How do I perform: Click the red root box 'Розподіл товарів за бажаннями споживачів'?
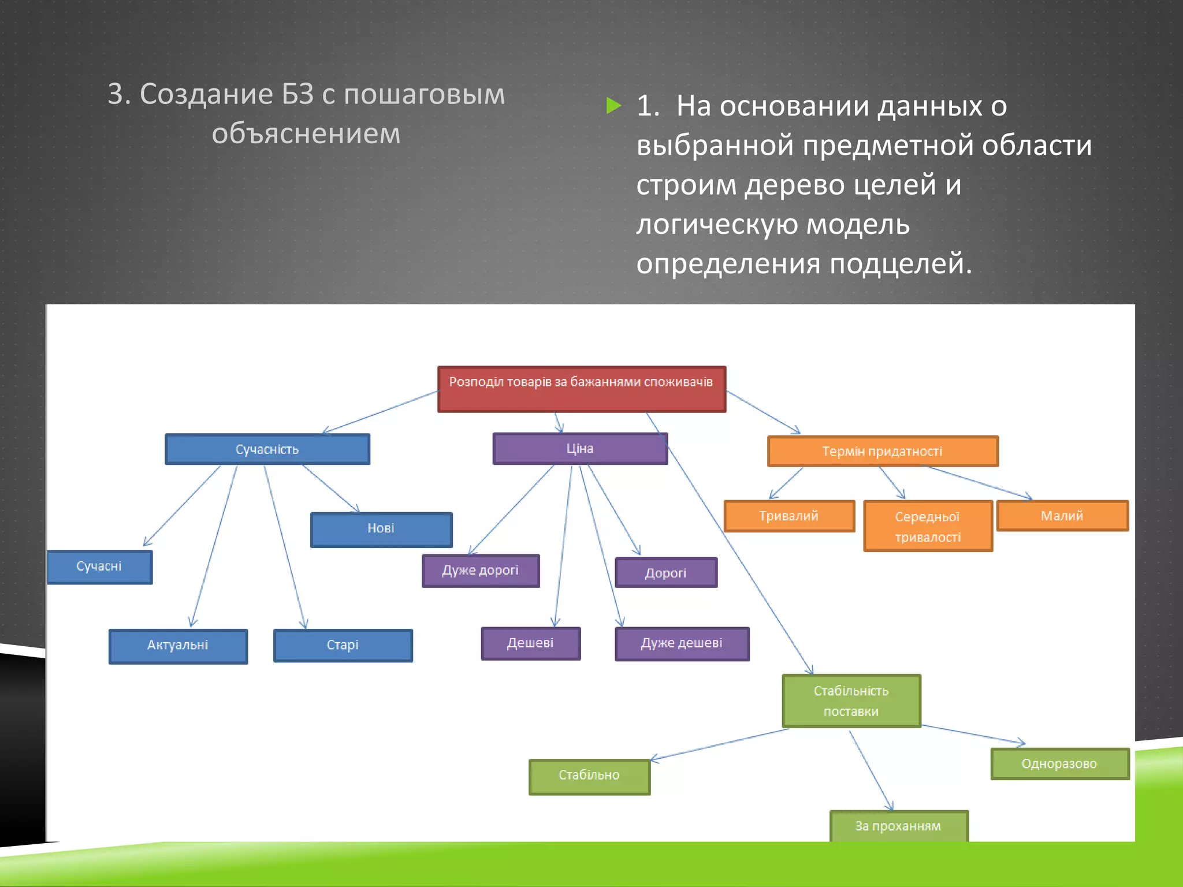(581, 389)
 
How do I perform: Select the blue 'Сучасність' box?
(267, 449)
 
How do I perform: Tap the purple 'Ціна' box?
(580, 449)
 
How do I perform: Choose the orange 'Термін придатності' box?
(882, 451)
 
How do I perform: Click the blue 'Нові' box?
(381, 529)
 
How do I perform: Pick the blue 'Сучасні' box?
(99, 567)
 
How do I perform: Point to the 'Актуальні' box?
(178, 646)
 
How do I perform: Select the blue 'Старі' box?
(343, 645)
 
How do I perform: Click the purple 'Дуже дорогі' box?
(481, 571)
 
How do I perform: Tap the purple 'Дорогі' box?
(666, 572)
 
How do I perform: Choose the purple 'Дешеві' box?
(530, 643)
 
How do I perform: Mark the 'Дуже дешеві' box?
(682, 643)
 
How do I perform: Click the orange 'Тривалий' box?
(789, 516)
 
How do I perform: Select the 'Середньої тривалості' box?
(928, 526)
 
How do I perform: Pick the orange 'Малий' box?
(1062, 516)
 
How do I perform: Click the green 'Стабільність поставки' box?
(851, 700)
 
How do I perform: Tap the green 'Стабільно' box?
(589, 776)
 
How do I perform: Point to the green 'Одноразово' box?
(1059, 763)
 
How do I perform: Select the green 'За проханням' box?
(898, 826)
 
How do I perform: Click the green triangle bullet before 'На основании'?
(613, 106)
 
